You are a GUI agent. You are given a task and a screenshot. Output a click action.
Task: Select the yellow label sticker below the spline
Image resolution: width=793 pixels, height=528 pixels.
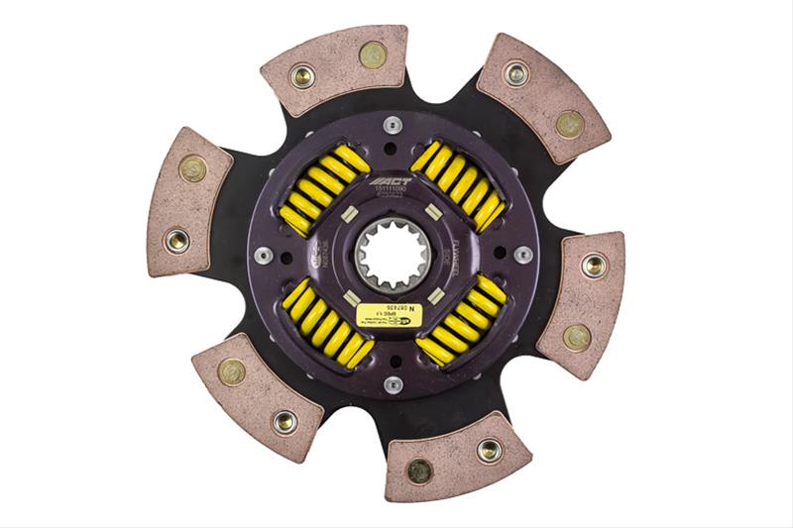pos(388,316)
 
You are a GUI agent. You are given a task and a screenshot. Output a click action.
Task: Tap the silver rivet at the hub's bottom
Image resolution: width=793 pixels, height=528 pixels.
pos(393,384)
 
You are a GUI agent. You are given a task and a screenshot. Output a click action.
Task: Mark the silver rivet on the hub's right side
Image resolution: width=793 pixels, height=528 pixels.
pos(522,255)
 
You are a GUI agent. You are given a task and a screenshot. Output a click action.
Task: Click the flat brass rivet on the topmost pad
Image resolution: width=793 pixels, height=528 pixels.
pos(373,55)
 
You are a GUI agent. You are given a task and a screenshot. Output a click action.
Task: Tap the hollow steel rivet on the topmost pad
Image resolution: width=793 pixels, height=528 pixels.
pos(301,75)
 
